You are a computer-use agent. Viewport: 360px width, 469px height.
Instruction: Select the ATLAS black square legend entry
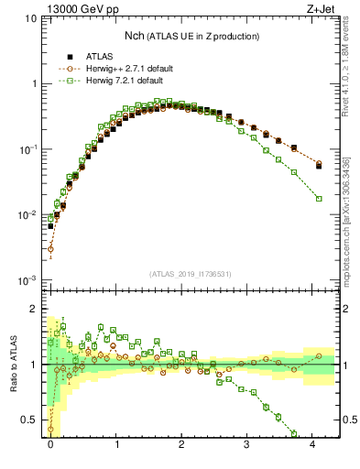(x=96, y=57)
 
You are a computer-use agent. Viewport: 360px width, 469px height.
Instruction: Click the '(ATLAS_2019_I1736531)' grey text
(x=191, y=273)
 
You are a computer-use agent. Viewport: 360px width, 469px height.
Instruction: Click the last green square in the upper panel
(x=319, y=198)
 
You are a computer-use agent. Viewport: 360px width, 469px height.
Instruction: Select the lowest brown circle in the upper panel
(x=50, y=248)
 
